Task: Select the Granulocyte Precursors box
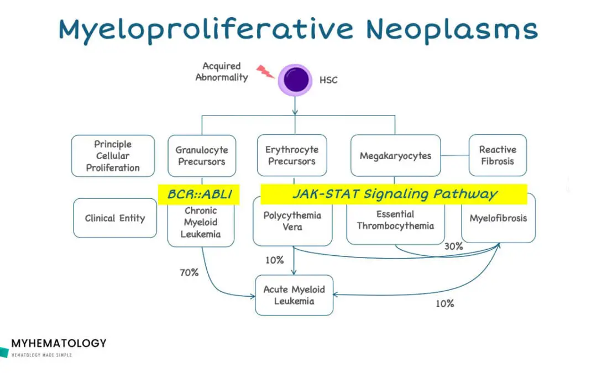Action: pyautogui.click(x=201, y=156)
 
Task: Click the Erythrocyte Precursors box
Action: pyautogui.click(x=292, y=156)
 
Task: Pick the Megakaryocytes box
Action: pyautogui.click(x=395, y=156)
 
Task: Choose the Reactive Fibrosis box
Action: pyautogui.click(x=498, y=156)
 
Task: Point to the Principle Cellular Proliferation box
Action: pyautogui.click(x=113, y=156)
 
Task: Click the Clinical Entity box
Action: pyautogui.click(x=115, y=218)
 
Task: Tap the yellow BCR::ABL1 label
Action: pyautogui.click(x=199, y=194)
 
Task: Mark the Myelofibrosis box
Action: pyautogui.click(x=498, y=219)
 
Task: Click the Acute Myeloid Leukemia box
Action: pyautogui.click(x=294, y=295)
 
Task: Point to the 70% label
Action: pyautogui.click(x=189, y=272)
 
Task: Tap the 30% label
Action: pyautogui.click(x=453, y=246)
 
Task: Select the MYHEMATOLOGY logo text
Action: pyautogui.click(x=59, y=343)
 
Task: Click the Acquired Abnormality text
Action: pyautogui.click(x=221, y=72)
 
